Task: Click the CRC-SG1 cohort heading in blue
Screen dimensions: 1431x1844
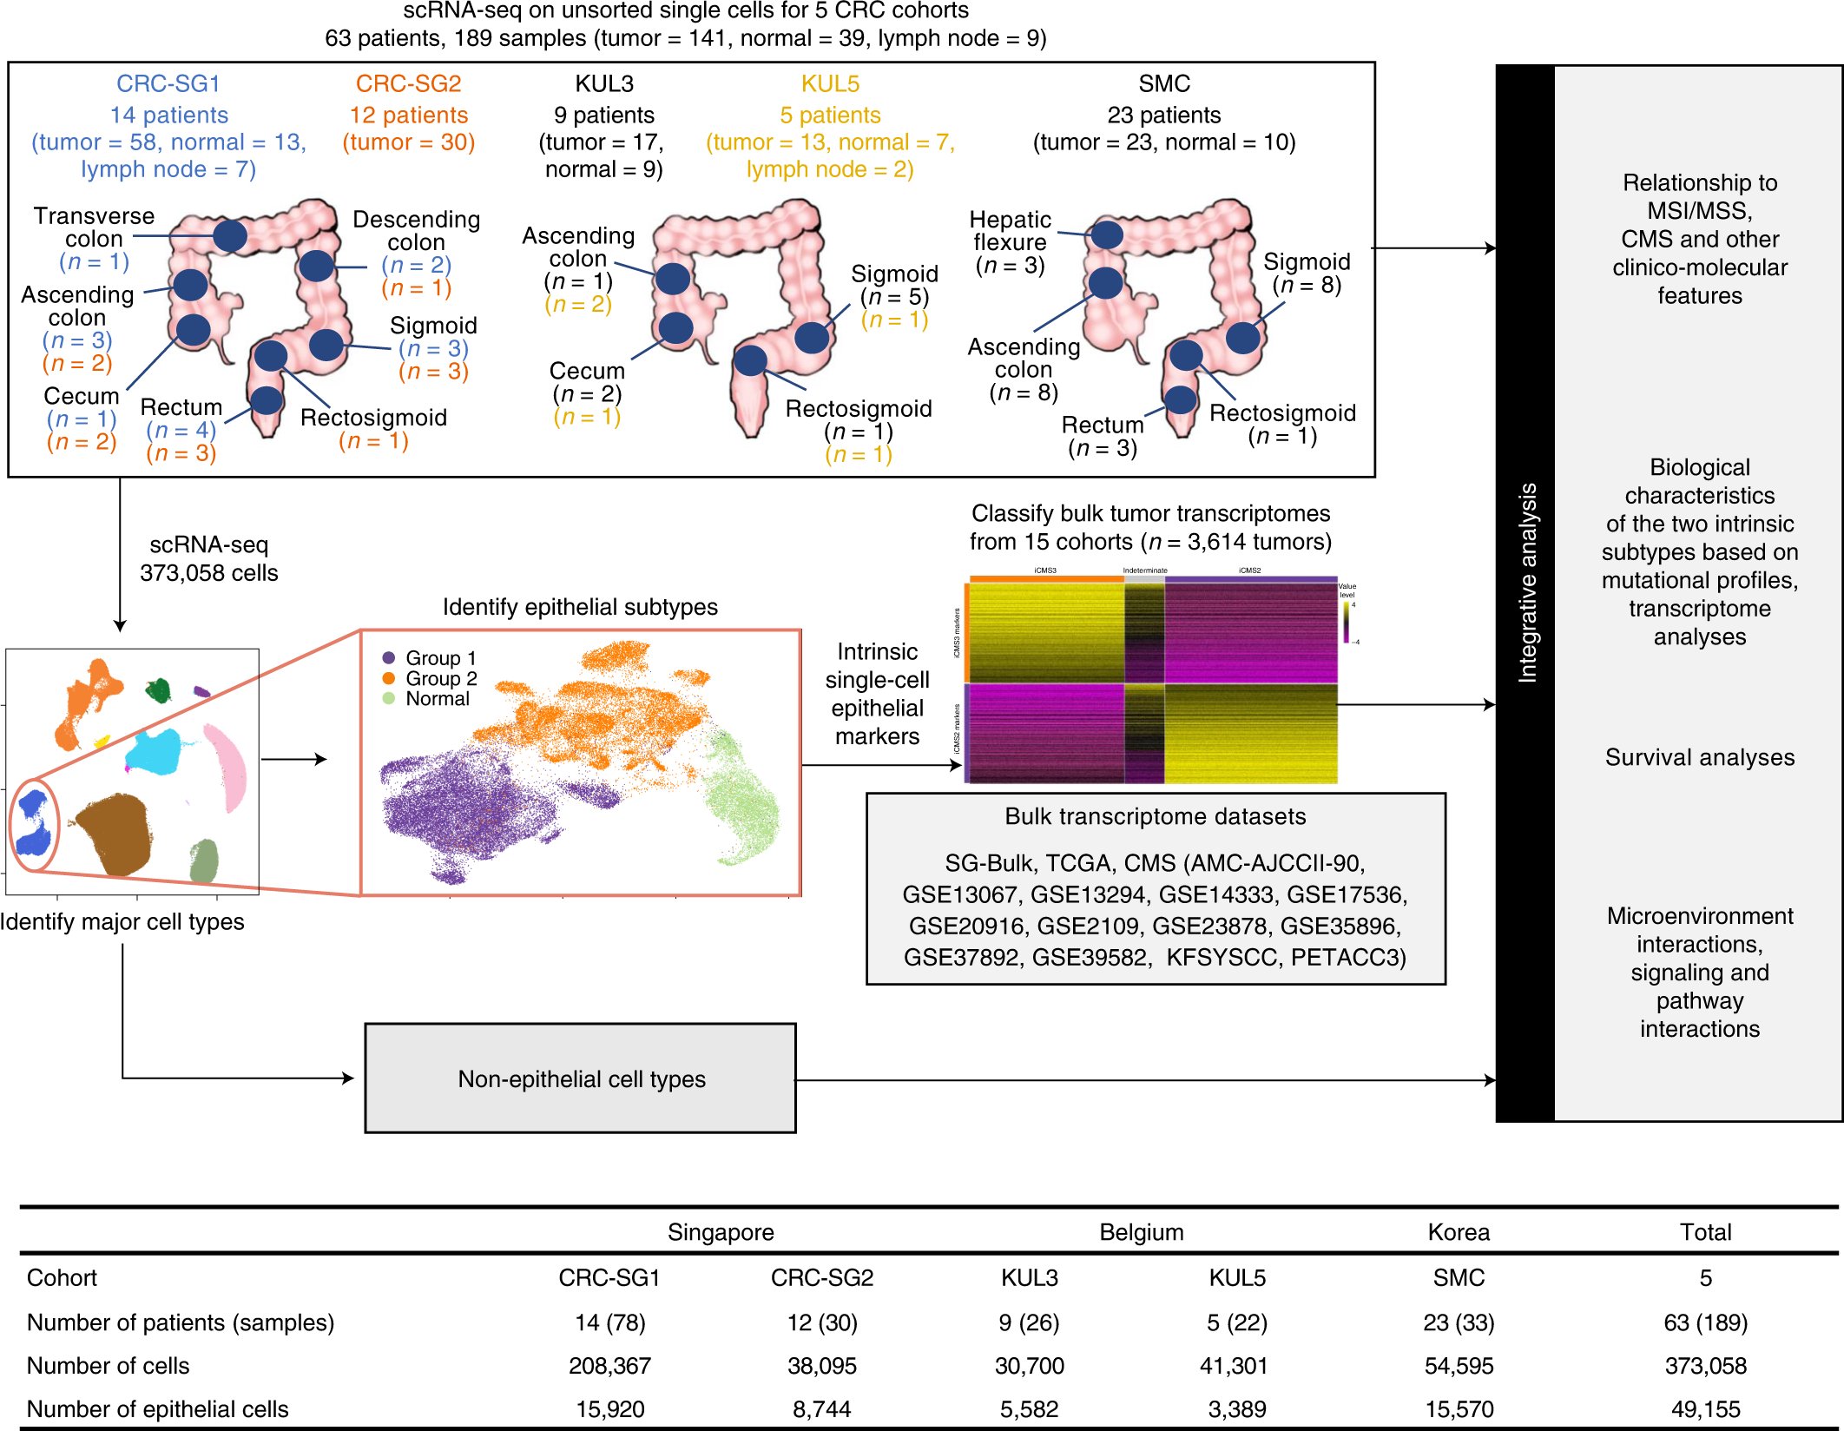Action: tap(168, 83)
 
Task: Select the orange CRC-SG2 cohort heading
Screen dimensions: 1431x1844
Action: tap(408, 83)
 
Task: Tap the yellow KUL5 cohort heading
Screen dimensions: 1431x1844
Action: tap(830, 83)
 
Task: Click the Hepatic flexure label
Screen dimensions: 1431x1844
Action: tap(1010, 231)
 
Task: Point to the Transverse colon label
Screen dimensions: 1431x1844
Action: tap(94, 227)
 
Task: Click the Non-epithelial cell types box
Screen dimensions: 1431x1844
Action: tap(580, 1078)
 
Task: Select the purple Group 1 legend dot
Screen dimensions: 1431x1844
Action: tap(389, 658)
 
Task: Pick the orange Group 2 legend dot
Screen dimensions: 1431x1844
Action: tap(389, 678)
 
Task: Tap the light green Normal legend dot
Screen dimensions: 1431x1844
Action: tap(389, 698)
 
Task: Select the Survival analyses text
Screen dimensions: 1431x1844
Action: tap(1699, 757)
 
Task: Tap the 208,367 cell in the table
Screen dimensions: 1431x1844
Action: tap(609, 1366)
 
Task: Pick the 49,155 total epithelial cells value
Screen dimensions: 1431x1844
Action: tap(1705, 1409)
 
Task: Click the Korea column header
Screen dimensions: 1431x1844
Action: tap(1459, 1232)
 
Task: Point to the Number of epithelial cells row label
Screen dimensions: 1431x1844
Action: tap(157, 1409)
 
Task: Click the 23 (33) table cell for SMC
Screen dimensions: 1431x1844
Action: tap(1459, 1322)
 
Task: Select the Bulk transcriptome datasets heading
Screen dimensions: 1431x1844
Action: tap(1155, 816)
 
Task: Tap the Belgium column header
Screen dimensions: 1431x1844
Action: tap(1141, 1232)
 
